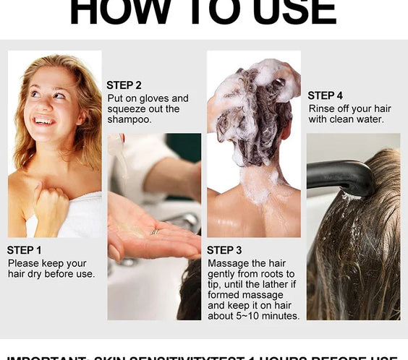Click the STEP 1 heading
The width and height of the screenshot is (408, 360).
click(25, 250)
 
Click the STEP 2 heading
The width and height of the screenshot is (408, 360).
click(124, 85)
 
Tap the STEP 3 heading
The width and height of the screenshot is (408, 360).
click(224, 250)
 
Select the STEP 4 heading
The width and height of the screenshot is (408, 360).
click(325, 95)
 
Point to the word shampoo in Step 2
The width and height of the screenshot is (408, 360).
click(129, 119)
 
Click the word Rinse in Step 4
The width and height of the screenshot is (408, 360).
click(322, 108)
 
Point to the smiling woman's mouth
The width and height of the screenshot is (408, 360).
click(44, 121)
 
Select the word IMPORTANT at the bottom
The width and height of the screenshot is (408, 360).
click(46, 357)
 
